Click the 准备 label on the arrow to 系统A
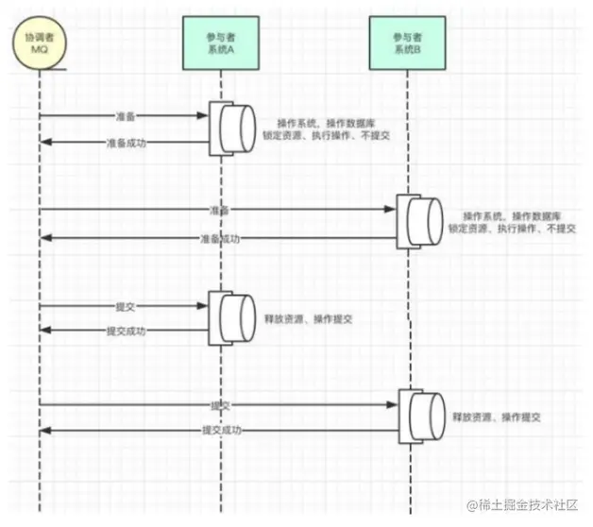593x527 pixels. (125, 116)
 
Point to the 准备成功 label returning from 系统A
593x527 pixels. (124, 144)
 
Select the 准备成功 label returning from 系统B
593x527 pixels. (221, 239)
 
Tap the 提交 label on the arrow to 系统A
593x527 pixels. (125, 305)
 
